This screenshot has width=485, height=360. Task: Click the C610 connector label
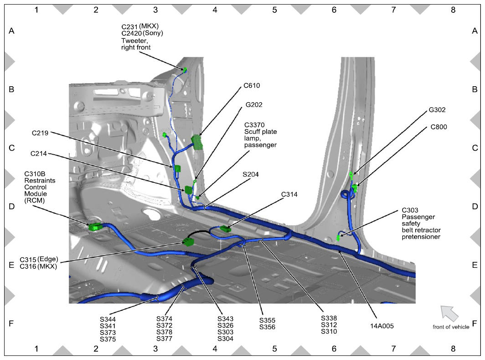[252, 85]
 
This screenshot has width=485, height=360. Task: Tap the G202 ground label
[253, 104]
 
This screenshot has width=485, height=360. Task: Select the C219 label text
[40, 133]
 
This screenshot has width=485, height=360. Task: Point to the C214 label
[39, 153]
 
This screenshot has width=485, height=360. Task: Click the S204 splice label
[251, 174]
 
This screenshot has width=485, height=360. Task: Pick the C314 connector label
[289, 194]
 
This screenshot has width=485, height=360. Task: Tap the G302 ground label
[437, 110]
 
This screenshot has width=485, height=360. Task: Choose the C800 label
[439, 127]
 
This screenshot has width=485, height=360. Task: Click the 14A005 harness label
[382, 326]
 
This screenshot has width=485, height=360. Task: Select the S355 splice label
[267, 320]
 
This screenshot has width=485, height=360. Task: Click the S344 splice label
[108, 319]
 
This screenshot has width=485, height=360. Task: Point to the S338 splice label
[329, 318]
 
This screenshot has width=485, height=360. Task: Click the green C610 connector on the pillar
[197, 142]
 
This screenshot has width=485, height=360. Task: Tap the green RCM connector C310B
[95, 227]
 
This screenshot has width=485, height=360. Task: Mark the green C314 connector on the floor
[226, 229]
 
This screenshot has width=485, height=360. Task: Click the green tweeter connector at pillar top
[185, 70]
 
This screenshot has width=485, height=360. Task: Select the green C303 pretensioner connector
[338, 238]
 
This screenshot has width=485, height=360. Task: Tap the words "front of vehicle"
[451, 327]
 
